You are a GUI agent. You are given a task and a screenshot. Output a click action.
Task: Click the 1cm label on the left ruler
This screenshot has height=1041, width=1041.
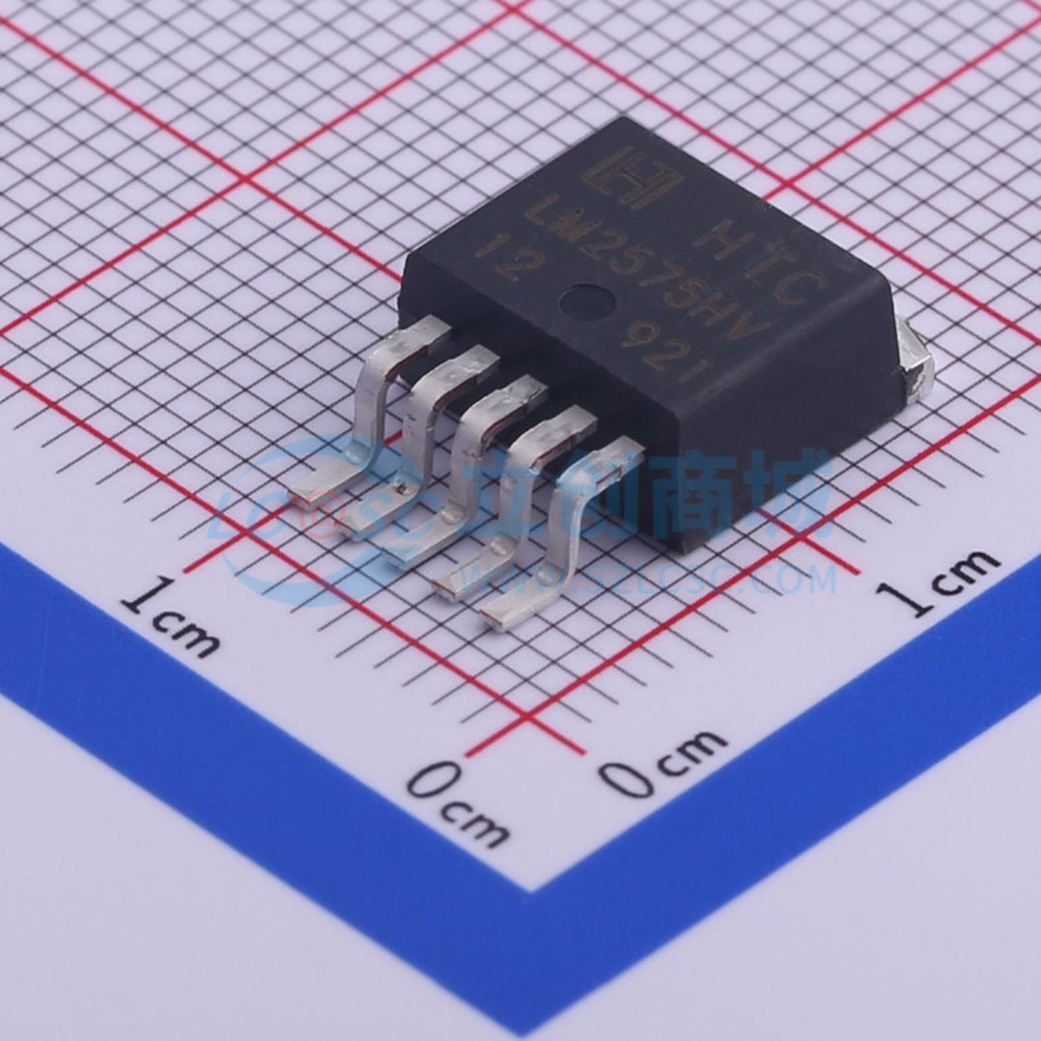tap(173, 614)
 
